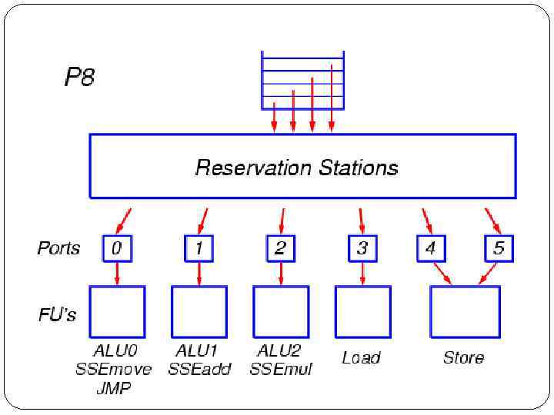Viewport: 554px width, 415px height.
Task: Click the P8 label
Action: (x=79, y=78)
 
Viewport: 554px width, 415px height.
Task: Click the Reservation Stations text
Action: (x=297, y=167)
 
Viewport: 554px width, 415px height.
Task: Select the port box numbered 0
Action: (x=117, y=248)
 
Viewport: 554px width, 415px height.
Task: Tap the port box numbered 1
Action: (x=199, y=248)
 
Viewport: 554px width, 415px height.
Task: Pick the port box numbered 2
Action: (x=280, y=248)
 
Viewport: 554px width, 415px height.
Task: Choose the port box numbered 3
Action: (x=362, y=248)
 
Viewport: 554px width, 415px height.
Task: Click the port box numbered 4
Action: (x=431, y=248)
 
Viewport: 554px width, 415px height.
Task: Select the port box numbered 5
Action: (x=499, y=248)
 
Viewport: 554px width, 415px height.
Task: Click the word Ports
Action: (x=58, y=248)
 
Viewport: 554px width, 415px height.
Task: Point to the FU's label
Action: (x=58, y=314)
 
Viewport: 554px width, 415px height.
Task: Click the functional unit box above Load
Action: (x=362, y=312)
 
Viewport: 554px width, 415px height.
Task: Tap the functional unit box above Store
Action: (x=465, y=312)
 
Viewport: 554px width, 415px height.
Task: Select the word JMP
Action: (x=114, y=388)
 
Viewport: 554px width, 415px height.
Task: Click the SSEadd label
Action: (x=199, y=370)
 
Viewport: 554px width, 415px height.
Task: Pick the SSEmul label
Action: (x=281, y=370)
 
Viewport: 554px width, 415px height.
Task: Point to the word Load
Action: (x=361, y=357)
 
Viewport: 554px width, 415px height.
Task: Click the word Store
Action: (x=463, y=357)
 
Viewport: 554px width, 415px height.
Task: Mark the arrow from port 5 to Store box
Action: (x=488, y=273)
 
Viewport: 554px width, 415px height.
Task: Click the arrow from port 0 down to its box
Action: (x=117, y=273)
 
